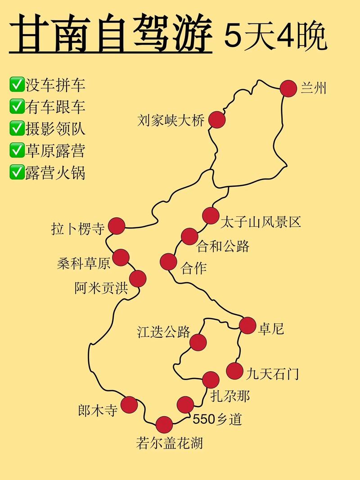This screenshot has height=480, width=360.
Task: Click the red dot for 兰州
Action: pos(288,88)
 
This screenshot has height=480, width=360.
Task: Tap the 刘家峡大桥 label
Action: pos(171,121)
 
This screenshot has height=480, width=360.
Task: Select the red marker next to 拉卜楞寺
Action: pos(117,226)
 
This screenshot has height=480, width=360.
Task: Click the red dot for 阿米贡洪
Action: pos(138,279)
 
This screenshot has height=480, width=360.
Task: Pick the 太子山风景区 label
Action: pos(261,222)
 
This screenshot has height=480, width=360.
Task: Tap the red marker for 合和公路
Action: pos(189,237)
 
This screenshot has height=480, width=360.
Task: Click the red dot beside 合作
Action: pos(168,261)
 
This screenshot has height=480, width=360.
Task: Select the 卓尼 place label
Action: pos(271,329)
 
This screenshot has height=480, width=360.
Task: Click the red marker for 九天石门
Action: pos(234,371)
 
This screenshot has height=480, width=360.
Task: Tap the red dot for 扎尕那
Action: pos(211,380)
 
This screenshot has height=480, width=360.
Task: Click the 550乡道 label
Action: pos(217,419)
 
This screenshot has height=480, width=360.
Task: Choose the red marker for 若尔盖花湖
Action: pos(164,425)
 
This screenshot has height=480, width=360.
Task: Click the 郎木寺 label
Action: pos(97,410)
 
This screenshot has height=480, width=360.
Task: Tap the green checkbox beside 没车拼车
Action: pos(17,85)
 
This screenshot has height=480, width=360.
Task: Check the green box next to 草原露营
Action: pos(17,151)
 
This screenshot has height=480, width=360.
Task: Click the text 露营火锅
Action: pos(55,172)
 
